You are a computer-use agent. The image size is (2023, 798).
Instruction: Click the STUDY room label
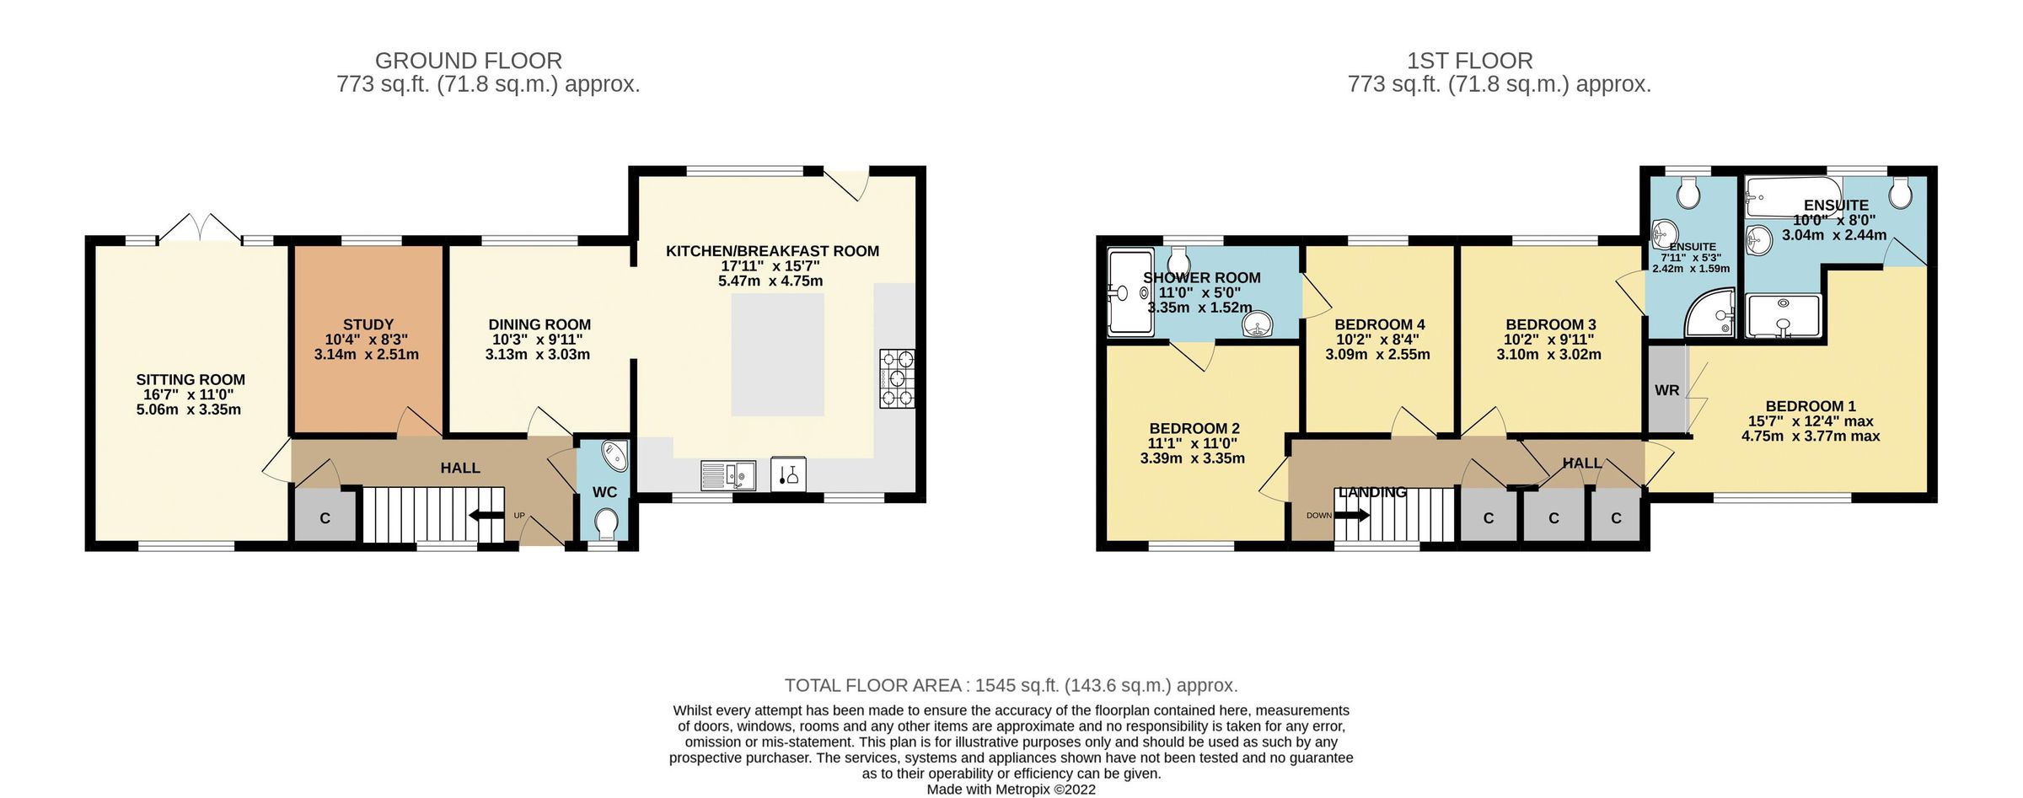368,324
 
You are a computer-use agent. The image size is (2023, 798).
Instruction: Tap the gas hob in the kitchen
897,378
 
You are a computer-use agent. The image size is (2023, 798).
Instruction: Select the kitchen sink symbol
727,475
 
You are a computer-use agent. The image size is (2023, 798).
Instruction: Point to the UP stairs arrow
485,516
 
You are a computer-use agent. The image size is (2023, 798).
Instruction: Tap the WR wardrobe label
1666,390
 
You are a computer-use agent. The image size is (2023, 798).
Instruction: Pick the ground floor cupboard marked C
325,518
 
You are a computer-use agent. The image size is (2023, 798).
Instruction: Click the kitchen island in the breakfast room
776,354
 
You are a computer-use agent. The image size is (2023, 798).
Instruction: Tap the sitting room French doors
201,228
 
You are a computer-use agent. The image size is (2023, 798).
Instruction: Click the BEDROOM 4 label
1379,324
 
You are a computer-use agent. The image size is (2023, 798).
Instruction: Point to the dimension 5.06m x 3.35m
189,410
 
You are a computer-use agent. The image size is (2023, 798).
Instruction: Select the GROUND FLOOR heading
468,61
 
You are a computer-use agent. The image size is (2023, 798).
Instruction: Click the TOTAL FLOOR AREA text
1011,685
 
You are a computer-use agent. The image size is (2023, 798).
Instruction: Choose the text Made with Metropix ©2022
1011,790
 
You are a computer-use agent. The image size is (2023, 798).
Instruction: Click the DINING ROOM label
539,324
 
